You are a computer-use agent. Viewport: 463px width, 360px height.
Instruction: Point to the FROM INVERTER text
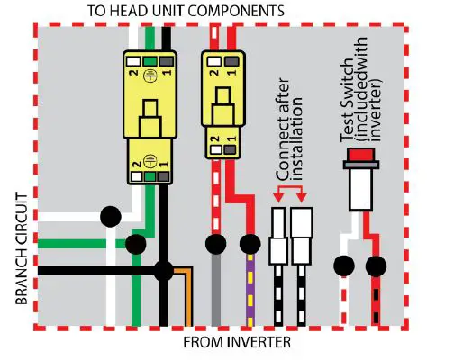tap(237, 343)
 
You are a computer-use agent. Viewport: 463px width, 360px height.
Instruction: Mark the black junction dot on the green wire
tap(136, 243)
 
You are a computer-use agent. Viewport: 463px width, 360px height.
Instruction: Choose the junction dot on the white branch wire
tap(110, 216)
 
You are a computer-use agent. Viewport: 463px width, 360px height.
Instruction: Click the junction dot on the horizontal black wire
tap(164, 269)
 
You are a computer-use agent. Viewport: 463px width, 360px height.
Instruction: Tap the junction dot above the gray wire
tap(215, 244)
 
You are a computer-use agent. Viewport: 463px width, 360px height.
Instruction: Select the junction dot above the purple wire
tap(250, 244)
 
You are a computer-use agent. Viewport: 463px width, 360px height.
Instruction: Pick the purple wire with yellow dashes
tap(250, 292)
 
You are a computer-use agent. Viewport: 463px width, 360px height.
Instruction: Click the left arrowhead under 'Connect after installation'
tap(277, 196)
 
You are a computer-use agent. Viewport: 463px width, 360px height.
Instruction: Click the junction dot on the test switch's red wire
tap(377, 265)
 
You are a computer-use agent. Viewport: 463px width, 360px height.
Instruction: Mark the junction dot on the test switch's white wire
tap(342, 265)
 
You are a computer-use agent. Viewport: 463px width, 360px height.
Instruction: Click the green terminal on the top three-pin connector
tap(149, 63)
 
